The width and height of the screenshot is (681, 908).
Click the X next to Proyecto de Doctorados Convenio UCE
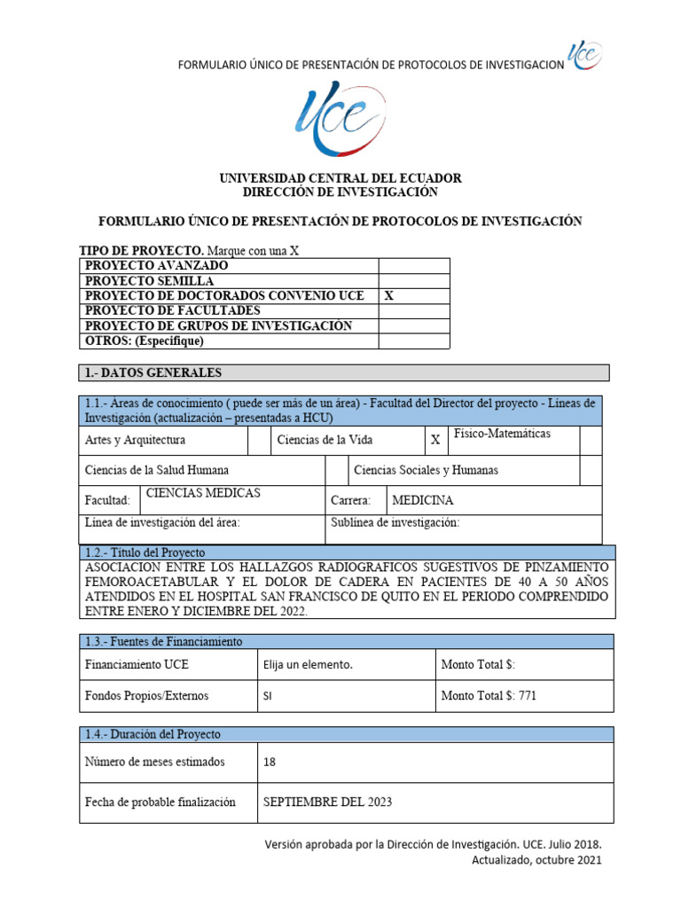pyautogui.click(x=388, y=296)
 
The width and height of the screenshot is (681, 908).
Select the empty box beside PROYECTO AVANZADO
pyautogui.click(x=414, y=266)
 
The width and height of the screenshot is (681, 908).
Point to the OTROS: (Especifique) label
pyautogui.click(x=144, y=341)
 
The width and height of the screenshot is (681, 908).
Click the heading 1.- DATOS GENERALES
pyautogui.click(x=153, y=372)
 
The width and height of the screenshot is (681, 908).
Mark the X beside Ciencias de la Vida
pyautogui.click(x=434, y=440)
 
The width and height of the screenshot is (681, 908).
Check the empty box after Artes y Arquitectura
pyautogui.click(x=259, y=440)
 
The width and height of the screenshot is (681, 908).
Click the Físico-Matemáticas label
pyautogui.click(x=502, y=434)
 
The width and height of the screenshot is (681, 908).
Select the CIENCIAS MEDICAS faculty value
pyautogui.click(x=203, y=494)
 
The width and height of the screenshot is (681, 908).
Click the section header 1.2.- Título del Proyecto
pyautogui.click(x=145, y=552)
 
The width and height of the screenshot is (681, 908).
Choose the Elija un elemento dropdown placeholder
pyautogui.click(x=308, y=664)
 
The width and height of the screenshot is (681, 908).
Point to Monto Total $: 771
pyautogui.click(x=489, y=696)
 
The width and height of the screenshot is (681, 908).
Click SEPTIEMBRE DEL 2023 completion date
pyautogui.click(x=327, y=802)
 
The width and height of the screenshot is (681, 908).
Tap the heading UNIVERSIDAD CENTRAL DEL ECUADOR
pyautogui.click(x=340, y=179)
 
